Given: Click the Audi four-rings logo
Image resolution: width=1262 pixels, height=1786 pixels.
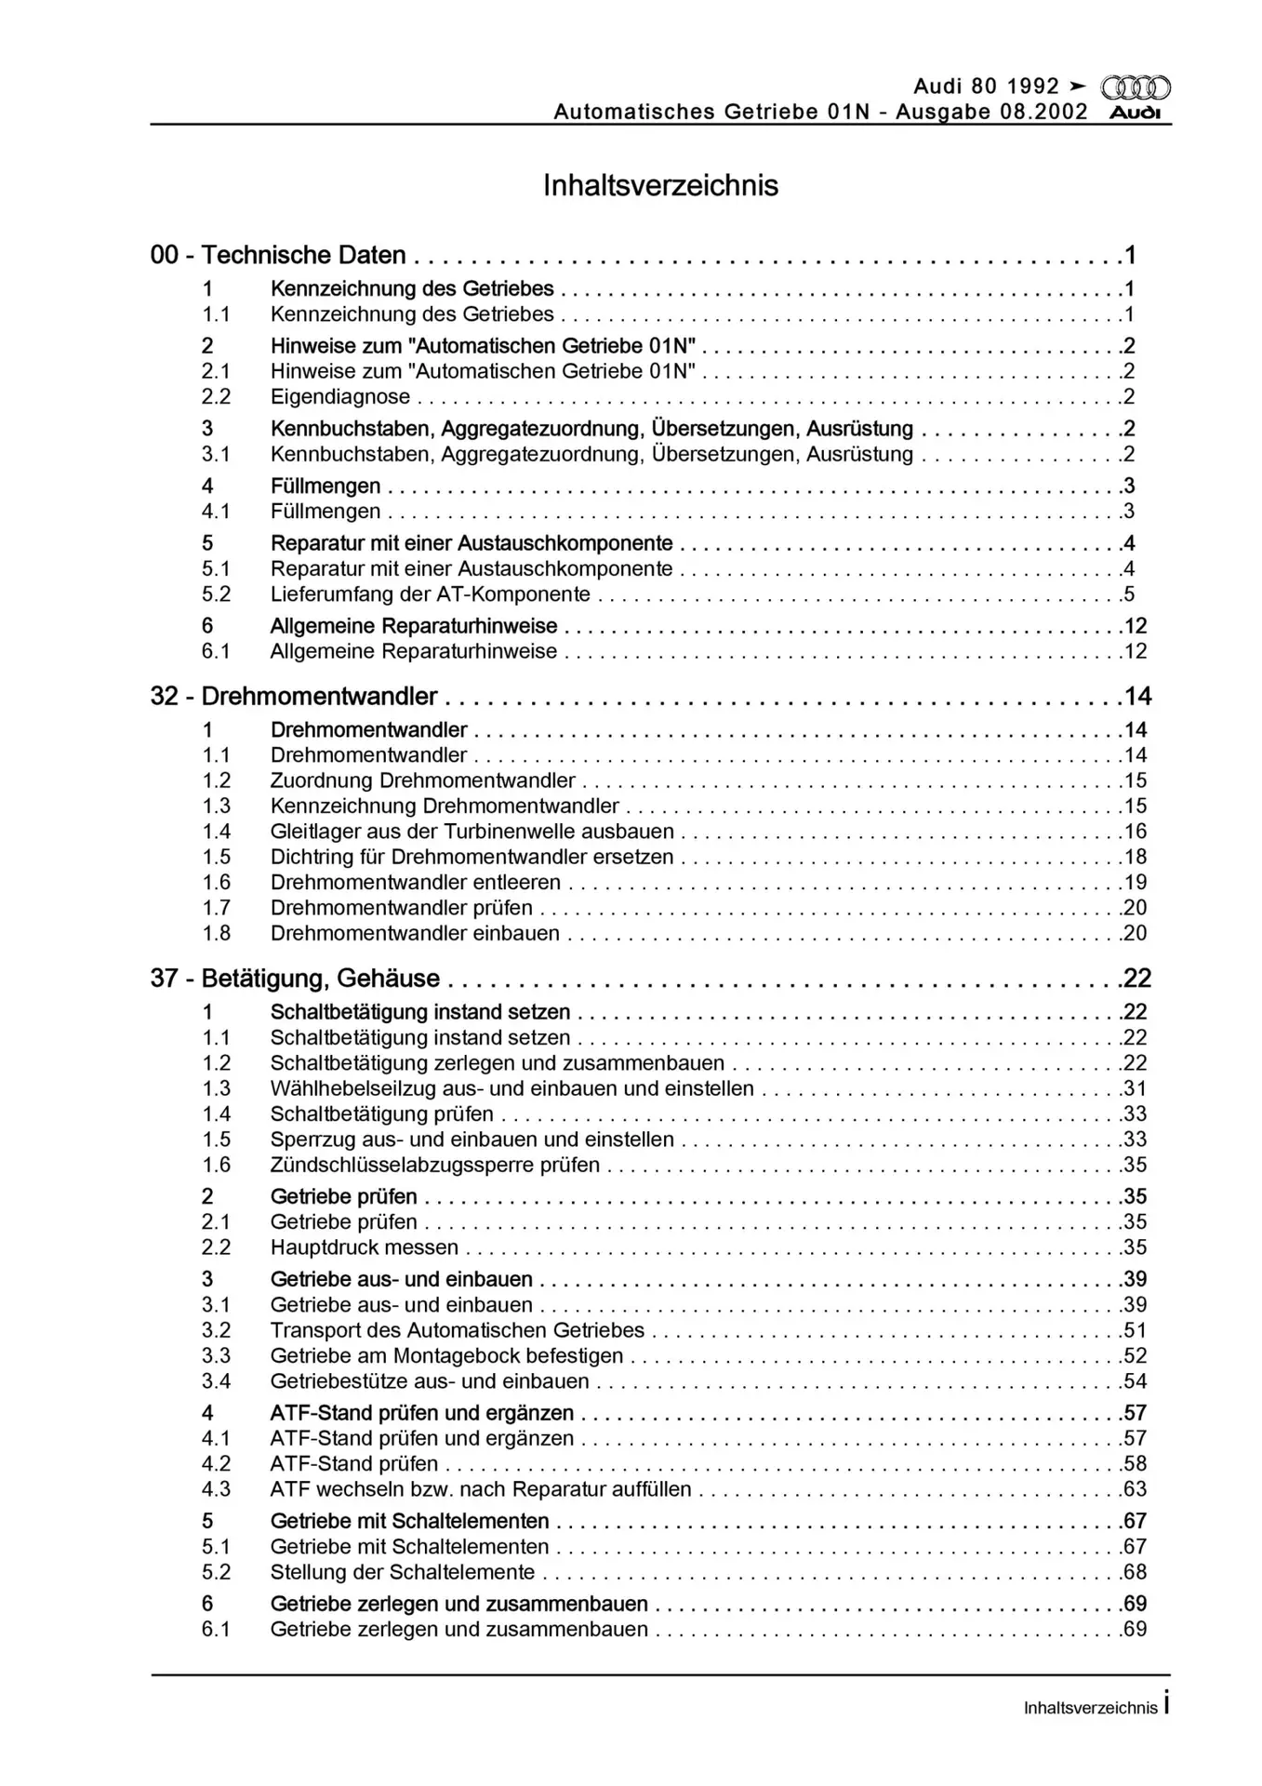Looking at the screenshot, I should pyautogui.click(x=1136, y=87).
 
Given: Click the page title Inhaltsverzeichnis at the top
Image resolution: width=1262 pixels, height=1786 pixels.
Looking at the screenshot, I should pyautogui.click(x=660, y=185).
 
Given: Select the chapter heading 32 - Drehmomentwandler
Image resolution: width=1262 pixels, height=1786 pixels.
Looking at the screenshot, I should pyautogui.click(x=294, y=696).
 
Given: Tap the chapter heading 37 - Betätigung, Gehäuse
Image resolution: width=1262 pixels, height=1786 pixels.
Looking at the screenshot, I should pyautogui.click(x=295, y=978).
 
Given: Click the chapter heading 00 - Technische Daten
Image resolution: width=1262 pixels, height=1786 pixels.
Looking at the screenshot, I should pyautogui.click(x=278, y=255).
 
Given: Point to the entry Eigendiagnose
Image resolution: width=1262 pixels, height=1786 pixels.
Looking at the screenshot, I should pyautogui.click(x=340, y=396).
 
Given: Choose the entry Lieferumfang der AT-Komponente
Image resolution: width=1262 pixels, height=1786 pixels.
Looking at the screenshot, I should pyautogui.click(x=431, y=593).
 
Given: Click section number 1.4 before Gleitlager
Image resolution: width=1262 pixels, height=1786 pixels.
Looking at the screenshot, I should pyautogui.click(x=216, y=831).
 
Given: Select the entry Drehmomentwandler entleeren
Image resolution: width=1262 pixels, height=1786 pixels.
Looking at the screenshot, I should pyautogui.click(x=416, y=882).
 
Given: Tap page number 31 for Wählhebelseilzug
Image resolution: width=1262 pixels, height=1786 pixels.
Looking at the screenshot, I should pyautogui.click(x=1135, y=1088).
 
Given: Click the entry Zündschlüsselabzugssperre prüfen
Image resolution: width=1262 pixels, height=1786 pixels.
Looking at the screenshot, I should pyautogui.click(x=435, y=1165).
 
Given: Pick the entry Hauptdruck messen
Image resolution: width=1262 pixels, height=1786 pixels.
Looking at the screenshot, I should pyautogui.click(x=365, y=1246).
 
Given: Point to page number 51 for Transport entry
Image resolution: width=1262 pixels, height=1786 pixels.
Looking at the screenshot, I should pyautogui.click(x=1135, y=1330).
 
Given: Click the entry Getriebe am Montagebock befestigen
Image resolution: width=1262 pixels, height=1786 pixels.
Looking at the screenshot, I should pyautogui.click(x=446, y=1355).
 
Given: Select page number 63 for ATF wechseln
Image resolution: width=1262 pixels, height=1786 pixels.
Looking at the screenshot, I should pyautogui.click(x=1135, y=1488).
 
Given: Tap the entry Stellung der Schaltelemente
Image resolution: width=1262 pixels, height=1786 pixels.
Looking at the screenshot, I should pyautogui.click(x=403, y=1571).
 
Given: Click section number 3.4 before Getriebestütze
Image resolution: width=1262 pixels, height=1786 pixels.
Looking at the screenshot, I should pyautogui.click(x=216, y=1380).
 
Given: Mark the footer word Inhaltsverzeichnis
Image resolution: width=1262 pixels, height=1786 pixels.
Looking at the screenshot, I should pyautogui.click(x=1090, y=1708).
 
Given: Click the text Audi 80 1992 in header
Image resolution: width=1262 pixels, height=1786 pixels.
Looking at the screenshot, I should pyautogui.click(x=986, y=87).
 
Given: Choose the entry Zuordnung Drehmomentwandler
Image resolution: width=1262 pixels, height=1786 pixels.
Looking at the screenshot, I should pyautogui.click(x=423, y=780).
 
